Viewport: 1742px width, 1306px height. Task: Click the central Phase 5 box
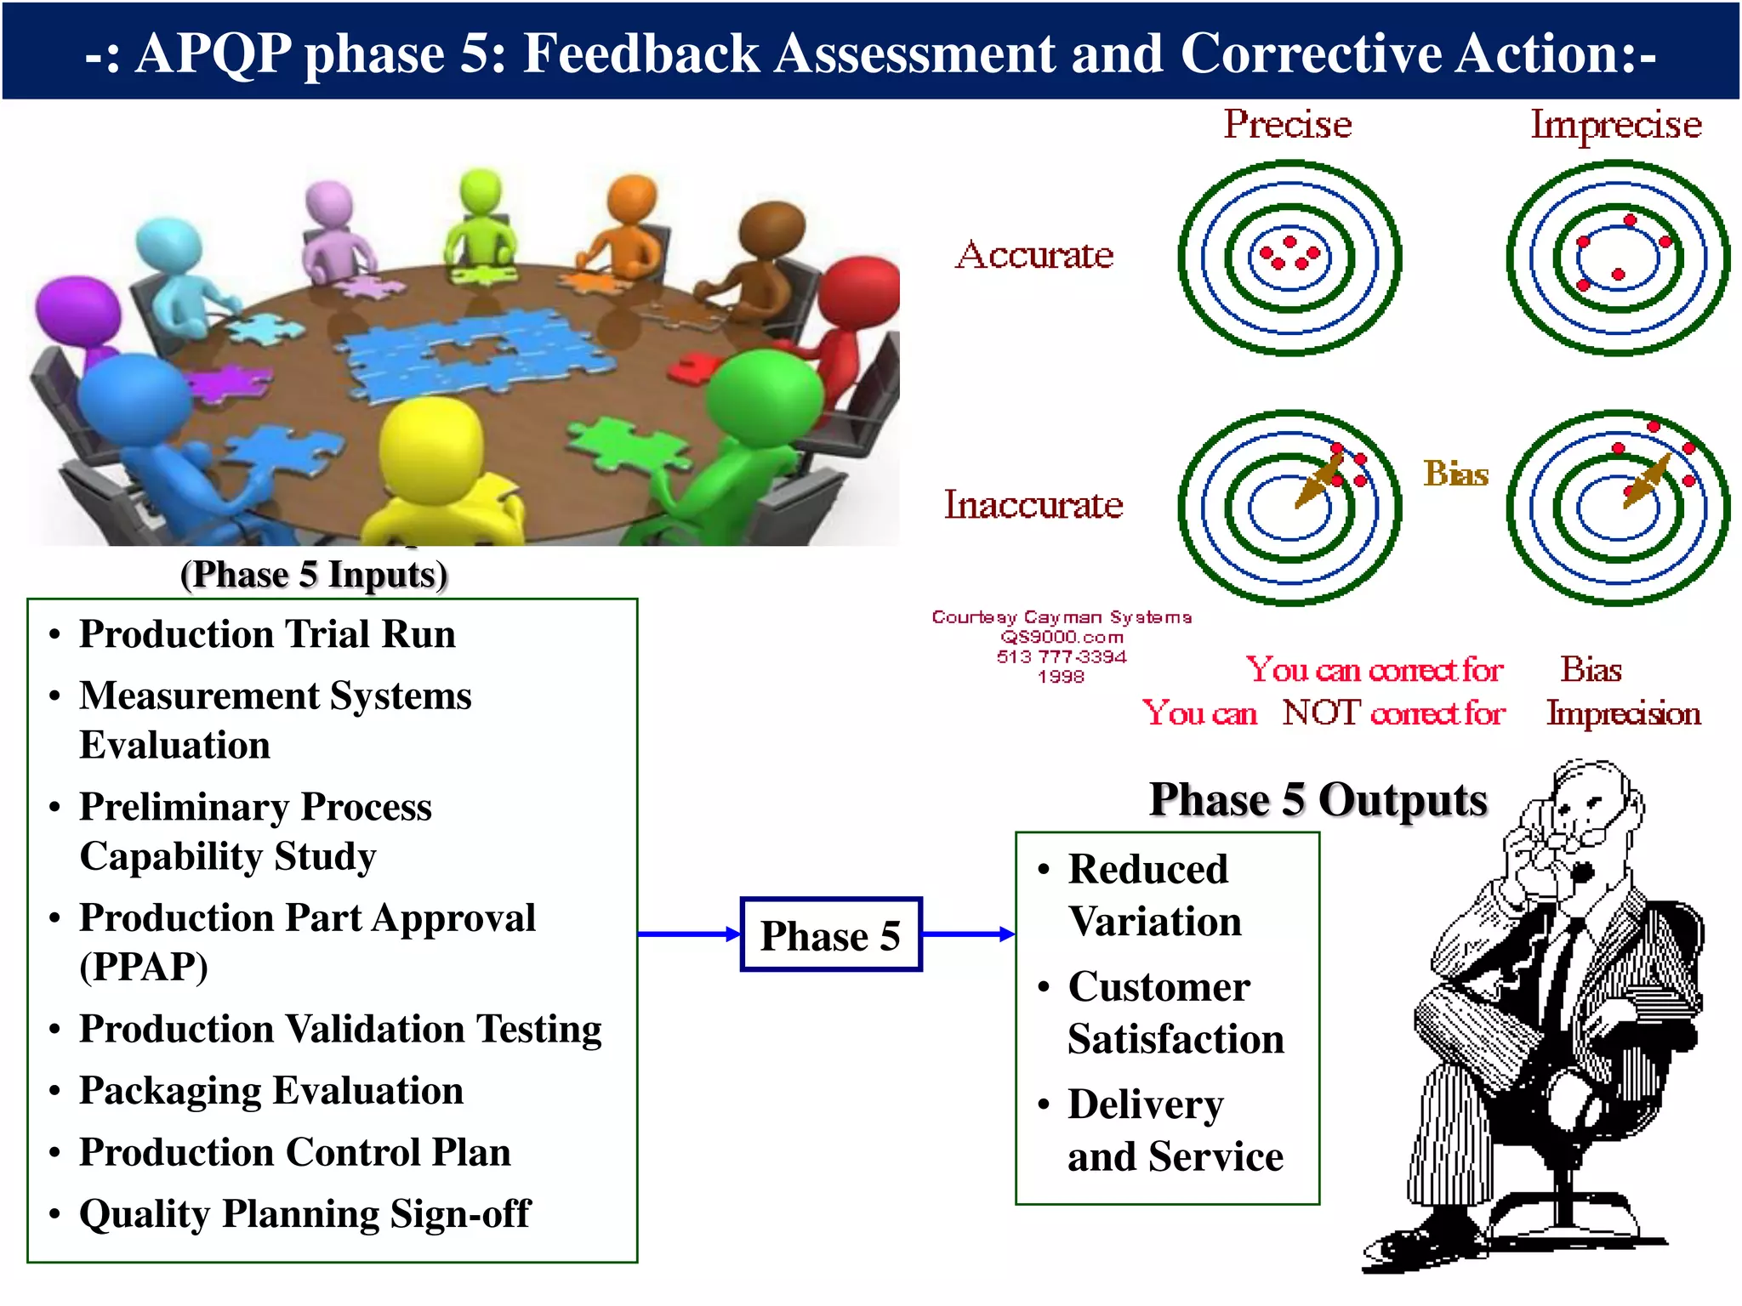click(831, 934)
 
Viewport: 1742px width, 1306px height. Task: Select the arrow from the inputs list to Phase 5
click(688, 934)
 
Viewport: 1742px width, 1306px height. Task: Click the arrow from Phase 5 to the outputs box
click(968, 934)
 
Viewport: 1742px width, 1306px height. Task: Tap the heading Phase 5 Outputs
click(1318, 800)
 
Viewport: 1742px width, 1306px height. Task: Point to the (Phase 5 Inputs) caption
click(314, 575)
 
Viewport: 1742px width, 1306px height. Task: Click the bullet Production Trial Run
click(267, 634)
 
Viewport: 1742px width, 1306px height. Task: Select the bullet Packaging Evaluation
click(271, 1091)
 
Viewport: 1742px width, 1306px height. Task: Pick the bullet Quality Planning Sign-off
click(305, 1214)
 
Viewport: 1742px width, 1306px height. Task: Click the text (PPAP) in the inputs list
click(144, 967)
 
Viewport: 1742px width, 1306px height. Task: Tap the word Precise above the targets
click(1287, 125)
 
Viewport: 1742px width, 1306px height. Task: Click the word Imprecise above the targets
click(1616, 125)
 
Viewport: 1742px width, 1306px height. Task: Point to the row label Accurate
click(1034, 255)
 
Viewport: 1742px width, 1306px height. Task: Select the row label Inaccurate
click(1033, 505)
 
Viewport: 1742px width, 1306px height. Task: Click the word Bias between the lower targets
click(1456, 474)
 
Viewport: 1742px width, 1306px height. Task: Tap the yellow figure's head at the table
click(430, 443)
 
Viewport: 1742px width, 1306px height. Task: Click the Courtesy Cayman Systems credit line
click(1062, 616)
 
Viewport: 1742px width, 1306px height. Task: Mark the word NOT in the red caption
click(1321, 713)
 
